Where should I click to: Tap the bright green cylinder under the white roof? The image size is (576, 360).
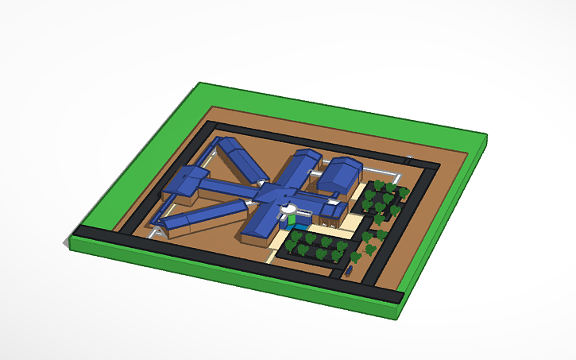tap(292, 219)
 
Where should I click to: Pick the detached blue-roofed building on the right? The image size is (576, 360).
tap(340, 172)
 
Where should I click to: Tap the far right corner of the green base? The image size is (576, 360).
tap(485, 138)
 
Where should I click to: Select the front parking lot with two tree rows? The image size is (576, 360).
tap(318, 246)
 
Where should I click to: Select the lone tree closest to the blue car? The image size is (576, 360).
tap(355, 257)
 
